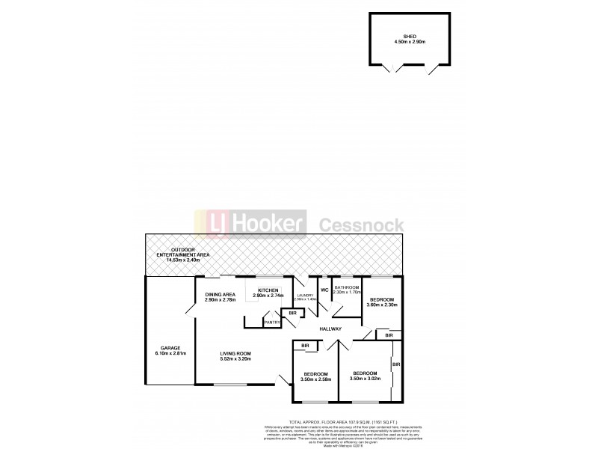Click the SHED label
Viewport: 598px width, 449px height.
pyautogui.click(x=409, y=36)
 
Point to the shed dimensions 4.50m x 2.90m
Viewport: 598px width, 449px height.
pyautogui.click(x=409, y=42)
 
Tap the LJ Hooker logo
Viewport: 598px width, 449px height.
pyautogui.click(x=250, y=223)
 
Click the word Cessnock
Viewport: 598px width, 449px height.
pyautogui.click(x=363, y=224)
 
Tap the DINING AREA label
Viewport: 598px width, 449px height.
pyautogui.click(x=221, y=294)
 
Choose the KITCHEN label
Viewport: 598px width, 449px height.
pyautogui.click(x=268, y=290)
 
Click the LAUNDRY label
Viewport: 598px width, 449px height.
pyautogui.click(x=306, y=295)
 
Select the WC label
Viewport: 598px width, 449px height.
pyautogui.click(x=324, y=290)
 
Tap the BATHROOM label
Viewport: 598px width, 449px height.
pyautogui.click(x=347, y=287)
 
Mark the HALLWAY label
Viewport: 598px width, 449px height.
pyautogui.click(x=330, y=329)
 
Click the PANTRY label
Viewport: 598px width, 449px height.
pyautogui.click(x=271, y=323)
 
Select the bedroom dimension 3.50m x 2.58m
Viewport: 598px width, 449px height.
pyautogui.click(x=315, y=379)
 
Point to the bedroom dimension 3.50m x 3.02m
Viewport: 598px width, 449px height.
pyautogui.click(x=365, y=379)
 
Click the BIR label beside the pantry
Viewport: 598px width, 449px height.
pyautogui.click(x=292, y=313)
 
